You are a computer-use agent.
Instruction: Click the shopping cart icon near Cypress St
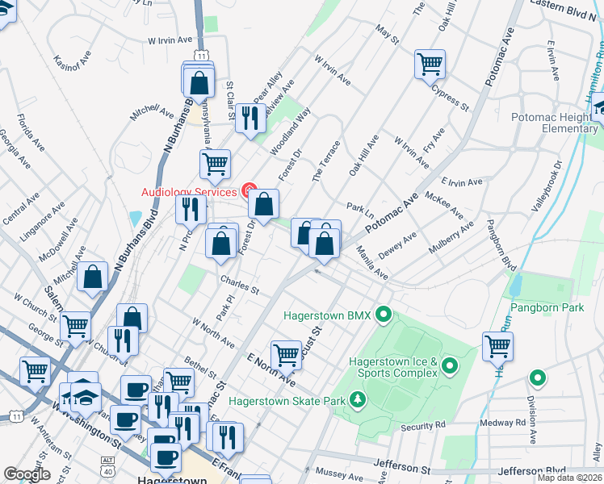pyautogui.click(x=430, y=64)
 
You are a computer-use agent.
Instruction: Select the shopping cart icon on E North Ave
pyautogui.click(x=286, y=353)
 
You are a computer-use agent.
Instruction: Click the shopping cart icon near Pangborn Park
pyautogui.click(x=497, y=346)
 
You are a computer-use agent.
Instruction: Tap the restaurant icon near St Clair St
pyautogui.click(x=250, y=117)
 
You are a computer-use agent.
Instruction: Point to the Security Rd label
pyautogui.click(x=422, y=425)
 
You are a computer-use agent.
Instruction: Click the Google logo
pyautogui.click(x=27, y=474)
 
